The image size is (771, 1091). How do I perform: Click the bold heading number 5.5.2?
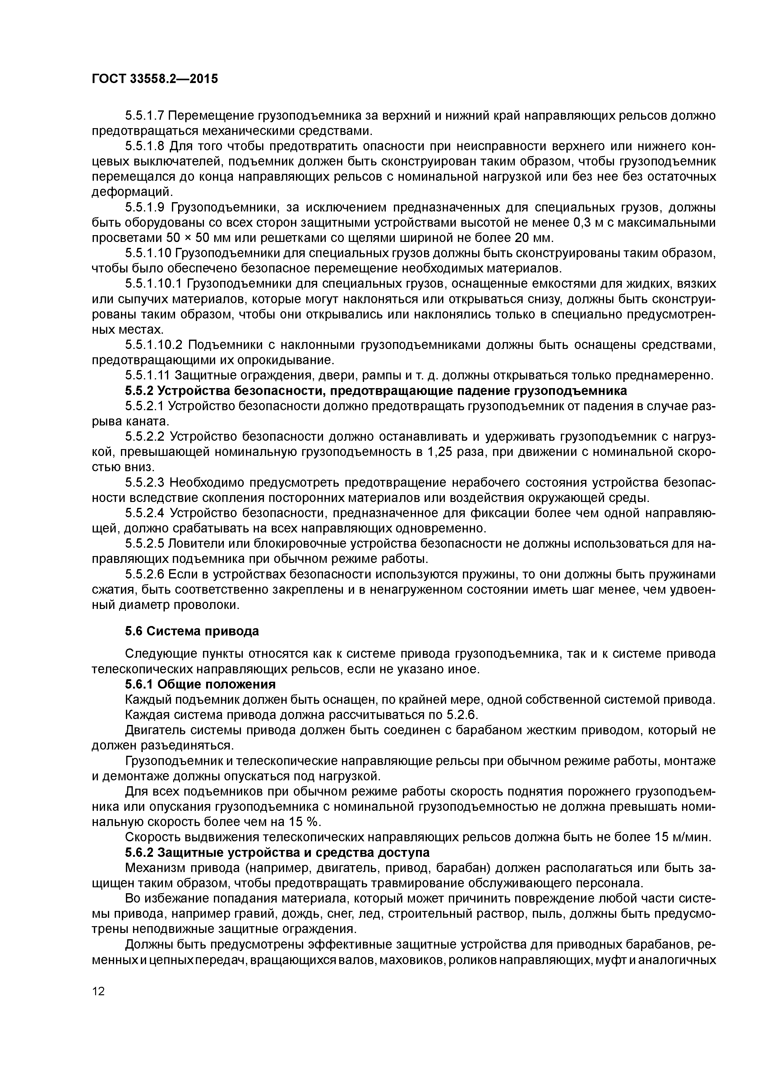139,391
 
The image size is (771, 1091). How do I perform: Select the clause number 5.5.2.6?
145,574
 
